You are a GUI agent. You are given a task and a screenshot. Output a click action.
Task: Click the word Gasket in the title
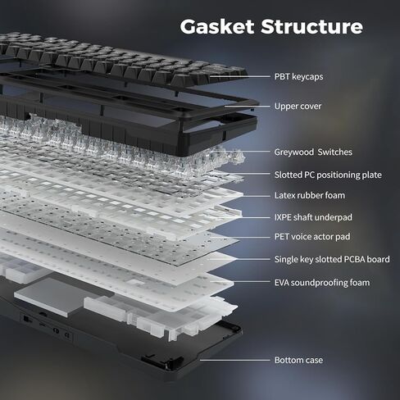click(x=217, y=27)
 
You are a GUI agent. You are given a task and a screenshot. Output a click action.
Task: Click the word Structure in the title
click(x=311, y=26)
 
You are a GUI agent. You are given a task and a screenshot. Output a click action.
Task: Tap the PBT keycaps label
click(x=298, y=77)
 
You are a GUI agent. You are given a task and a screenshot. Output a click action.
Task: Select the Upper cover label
click(x=298, y=107)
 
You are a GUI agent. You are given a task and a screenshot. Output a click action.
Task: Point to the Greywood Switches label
click(x=313, y=152)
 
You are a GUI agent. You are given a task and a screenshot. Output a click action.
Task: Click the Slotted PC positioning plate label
click(x=328, y=175)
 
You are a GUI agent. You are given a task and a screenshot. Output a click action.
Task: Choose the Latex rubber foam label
click(x=310, y=195)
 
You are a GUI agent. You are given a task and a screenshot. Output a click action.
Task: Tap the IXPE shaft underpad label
click(x=313, y=217)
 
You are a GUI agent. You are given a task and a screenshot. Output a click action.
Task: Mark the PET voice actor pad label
click(x=312, y=237)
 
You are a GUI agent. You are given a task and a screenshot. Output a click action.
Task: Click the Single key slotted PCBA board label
click(x=332, y=259)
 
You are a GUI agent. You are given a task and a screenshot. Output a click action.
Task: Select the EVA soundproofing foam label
click(x=322, y=283)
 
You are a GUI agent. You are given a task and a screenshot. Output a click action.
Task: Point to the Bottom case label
click(x=298, y=360)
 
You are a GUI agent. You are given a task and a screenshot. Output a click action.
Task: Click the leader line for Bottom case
click(x=235, y=360)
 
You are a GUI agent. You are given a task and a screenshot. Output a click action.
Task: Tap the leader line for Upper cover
click(x=248, y=106)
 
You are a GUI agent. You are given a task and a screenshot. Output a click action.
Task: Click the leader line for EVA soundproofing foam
click(x=240, y=282)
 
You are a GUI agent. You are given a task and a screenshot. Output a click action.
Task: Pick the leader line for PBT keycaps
click(x=240, y=77)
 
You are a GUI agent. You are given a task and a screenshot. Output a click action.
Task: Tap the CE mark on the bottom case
click(x=67, y=334)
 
